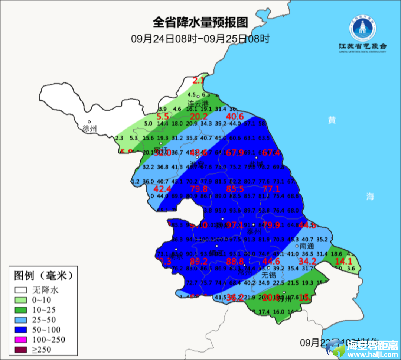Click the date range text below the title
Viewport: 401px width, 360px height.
click(200, 38)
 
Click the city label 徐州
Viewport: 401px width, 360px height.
click(90, 129)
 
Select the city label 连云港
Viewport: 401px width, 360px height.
click(198, 103)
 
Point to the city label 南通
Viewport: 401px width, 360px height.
click(307, 246)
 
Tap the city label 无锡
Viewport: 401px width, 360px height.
click(269, 275)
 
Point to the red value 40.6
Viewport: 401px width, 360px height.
click(235, 117)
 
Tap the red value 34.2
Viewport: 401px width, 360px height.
click(307, 262)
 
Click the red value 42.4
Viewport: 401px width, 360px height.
click(163, 189)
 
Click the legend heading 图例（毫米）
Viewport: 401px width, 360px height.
click(43, 276)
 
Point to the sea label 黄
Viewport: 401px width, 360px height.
click(332, 120)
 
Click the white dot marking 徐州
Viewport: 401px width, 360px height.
click(89, 121)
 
